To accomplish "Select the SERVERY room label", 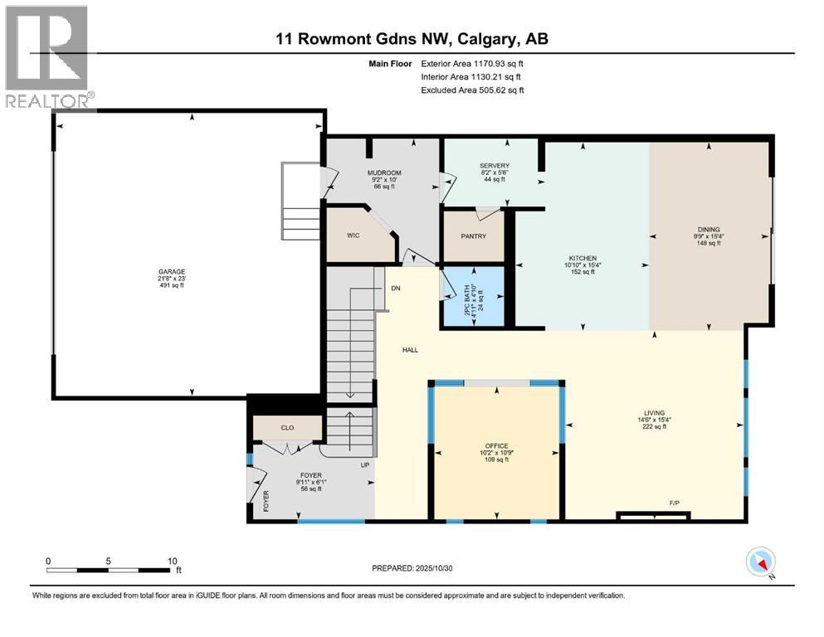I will pos(494,166).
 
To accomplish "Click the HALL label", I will pos(410,350).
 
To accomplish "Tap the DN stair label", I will pos(396,288).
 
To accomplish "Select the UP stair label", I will pos(364,464).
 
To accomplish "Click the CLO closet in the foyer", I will pos(287,428).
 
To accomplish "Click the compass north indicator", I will pos(760,562).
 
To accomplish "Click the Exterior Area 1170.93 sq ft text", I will pos(472,63).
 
